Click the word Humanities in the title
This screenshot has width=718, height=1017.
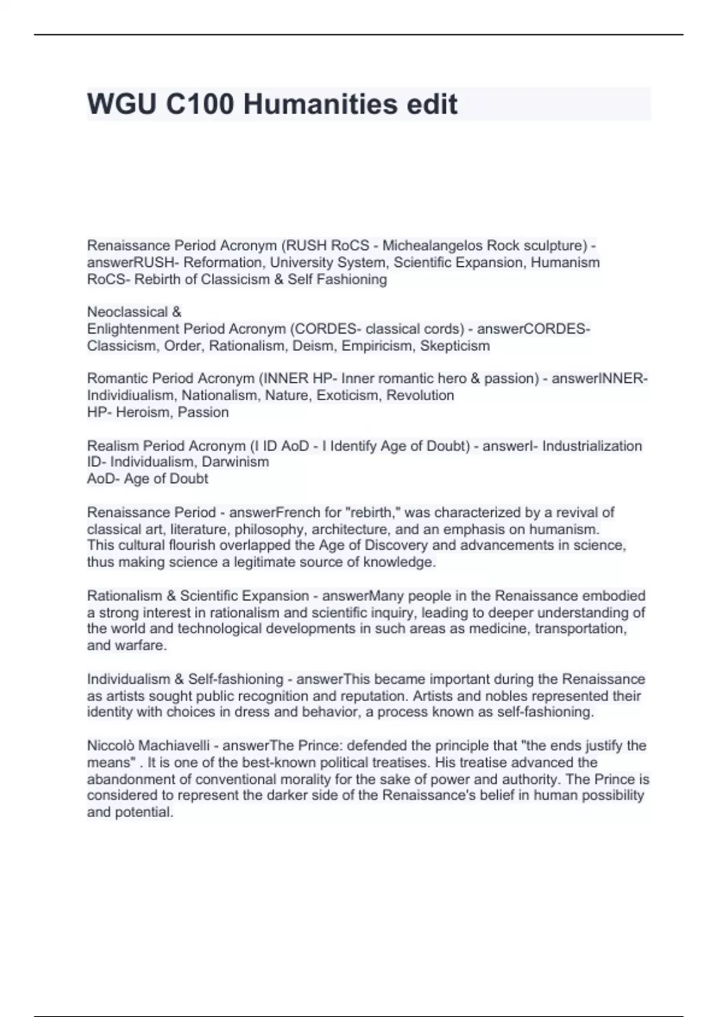point(320,104)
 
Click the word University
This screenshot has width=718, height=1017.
point(299,262)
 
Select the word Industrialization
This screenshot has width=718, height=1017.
point(592,446)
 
